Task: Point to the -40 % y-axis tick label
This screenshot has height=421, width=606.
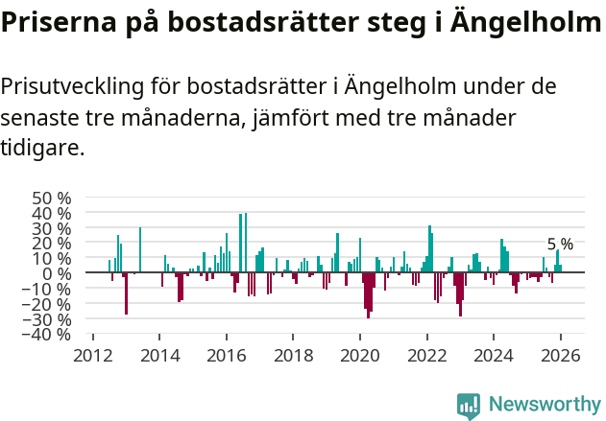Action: click(x=48, y=335)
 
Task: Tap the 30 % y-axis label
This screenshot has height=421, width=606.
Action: click(x=52, y=228)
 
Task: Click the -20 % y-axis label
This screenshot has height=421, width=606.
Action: click(x=48, y=305)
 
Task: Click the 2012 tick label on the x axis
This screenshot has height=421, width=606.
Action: click(x=93, y=355)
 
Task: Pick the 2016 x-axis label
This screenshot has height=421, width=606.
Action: click(x=226, y=355)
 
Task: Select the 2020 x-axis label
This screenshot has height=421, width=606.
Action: click(x=359, y=355)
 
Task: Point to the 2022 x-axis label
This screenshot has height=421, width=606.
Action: click(x=426, y=355)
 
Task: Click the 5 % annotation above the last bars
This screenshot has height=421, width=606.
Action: click(x=560, y=245)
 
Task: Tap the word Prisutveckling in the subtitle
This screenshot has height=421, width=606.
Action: click(x=72, y=87)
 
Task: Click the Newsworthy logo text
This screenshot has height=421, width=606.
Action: click(x=544, y=405)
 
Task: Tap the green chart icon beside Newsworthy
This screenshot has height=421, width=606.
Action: click(x=469, y=406)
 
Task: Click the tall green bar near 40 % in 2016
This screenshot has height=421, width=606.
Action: click(x=246, y=244)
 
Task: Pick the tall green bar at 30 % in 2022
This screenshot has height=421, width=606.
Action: click(x=429, y=249)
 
